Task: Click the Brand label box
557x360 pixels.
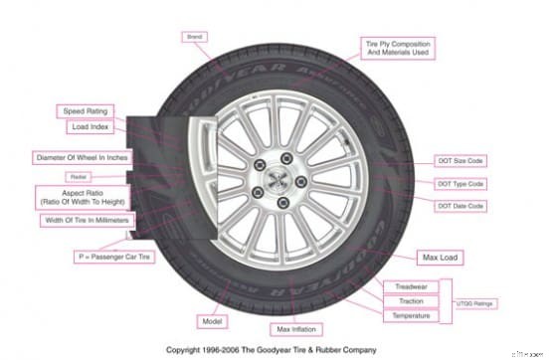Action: [194, 37]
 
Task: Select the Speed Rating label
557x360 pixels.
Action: [86, 111]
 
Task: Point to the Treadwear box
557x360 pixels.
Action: [411, 286]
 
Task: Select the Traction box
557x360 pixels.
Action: [411, 300]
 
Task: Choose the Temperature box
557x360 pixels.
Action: [411, 315]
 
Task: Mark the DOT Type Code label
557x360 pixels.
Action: [462, 184]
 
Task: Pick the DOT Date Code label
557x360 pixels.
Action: [462, 206]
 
